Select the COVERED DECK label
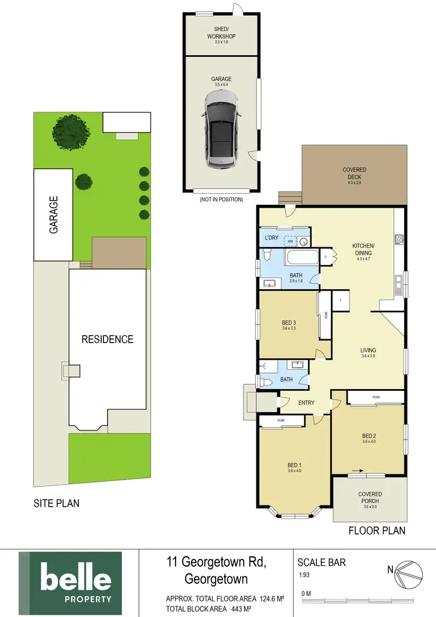[354, 173]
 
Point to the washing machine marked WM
[289, 240]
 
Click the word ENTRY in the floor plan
[307, 402]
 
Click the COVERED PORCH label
[370, 497]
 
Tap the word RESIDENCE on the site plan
[108, 339]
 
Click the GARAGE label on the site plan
[53, 215]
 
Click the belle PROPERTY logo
[70, 583]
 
